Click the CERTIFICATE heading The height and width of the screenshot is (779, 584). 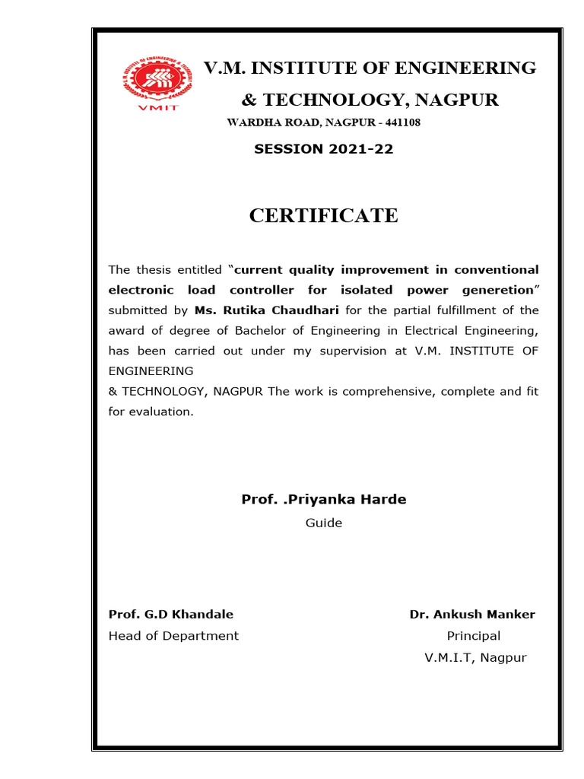click(323, 216)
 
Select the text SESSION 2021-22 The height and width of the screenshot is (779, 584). click(323, 149)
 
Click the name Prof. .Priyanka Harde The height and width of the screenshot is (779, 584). click(323, 500)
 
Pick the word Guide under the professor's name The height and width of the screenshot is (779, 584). click(323, 523)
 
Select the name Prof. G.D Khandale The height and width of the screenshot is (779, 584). click(171, 615)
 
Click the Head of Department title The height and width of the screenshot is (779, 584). click(173, 636)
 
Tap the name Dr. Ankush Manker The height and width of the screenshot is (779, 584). click(472, 615)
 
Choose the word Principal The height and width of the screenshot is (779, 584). click(473, 636)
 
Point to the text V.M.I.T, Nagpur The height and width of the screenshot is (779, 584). click(475, 658)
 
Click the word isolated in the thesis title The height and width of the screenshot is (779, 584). click(370, 290)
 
